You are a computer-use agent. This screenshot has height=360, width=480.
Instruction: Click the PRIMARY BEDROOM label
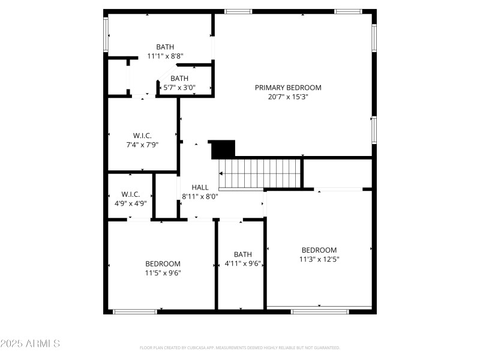[x=288, y=88]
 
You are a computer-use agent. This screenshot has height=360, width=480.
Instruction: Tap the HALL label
[x=200, y=187]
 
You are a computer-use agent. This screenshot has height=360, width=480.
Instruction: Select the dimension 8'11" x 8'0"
[x=200, y=196]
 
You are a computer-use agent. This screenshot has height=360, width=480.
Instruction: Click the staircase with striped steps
[x=260, y=173]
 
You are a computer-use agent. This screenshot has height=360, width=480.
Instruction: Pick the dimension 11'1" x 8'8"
[x=165, y=56]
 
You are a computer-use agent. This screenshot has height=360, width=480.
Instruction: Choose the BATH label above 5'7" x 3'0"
[x=179, y=79]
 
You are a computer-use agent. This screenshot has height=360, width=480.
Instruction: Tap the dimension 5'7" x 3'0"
[x=179, y=88]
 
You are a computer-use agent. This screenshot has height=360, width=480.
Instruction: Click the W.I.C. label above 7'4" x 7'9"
[x=142, y=136]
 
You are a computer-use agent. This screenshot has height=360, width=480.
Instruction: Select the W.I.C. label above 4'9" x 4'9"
[x=131, y=194]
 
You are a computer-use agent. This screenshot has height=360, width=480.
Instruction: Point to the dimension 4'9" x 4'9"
[x=131, y=203]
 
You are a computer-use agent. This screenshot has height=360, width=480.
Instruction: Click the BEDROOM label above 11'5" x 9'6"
[x=163, y=263]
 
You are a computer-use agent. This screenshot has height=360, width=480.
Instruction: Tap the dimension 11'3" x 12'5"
[x=319, y=259]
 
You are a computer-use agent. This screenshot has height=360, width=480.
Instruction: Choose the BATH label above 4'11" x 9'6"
[x=243, y=254]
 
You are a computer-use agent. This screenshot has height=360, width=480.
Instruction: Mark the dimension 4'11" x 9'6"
[x=243, y=263]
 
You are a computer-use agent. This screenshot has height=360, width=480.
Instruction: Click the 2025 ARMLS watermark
[x=30, y=344]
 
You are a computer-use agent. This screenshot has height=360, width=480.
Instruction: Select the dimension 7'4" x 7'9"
[x=142, y=145]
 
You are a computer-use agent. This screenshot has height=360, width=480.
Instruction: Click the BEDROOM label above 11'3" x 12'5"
[x=319, y=250]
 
